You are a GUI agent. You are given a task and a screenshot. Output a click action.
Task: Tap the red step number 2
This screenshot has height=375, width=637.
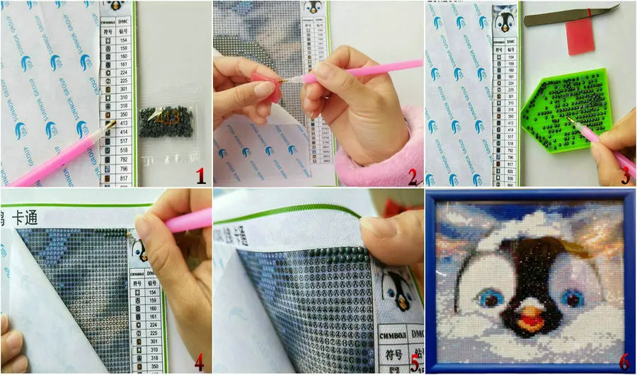point(413,175)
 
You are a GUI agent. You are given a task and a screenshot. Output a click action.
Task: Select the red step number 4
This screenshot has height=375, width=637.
point(199,362)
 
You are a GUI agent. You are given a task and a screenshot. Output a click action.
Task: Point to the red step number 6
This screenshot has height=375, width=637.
point(624,361)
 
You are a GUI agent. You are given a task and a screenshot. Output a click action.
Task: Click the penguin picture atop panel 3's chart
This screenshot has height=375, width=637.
point(503,20)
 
